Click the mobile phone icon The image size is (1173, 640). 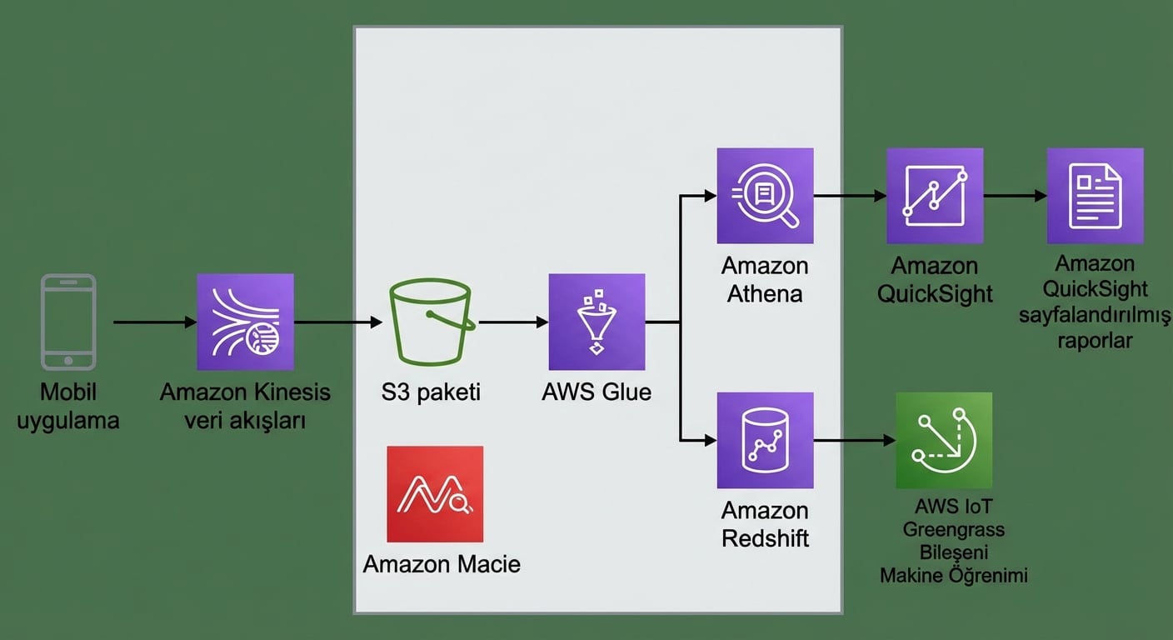68,322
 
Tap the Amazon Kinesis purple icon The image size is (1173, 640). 245,322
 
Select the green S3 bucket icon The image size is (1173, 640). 430,322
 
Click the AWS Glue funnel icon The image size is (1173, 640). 596,322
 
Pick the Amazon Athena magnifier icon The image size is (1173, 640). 765,196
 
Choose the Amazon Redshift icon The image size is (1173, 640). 765,440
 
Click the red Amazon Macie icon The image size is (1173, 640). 435,494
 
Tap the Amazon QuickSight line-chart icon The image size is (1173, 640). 935,196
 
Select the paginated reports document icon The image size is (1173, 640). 1095,196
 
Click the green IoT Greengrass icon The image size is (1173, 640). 944,440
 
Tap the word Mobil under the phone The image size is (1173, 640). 68,392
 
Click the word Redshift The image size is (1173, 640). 765,537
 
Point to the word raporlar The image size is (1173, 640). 1095,340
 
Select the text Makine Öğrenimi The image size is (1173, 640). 953,575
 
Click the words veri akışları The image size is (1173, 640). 245,420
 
